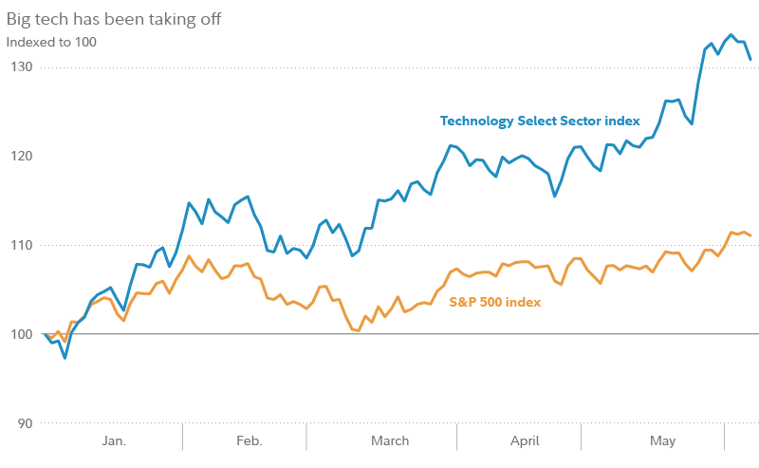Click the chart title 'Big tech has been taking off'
114,19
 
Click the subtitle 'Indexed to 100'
51,42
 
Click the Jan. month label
114,441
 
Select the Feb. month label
249,441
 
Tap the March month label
389,441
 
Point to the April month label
525,441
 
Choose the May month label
662,441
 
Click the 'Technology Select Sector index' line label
540,122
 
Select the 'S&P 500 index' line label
494,302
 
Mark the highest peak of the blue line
731,35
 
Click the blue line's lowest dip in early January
65,358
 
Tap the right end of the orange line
750,235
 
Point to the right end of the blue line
750,60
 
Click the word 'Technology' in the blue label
477,122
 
